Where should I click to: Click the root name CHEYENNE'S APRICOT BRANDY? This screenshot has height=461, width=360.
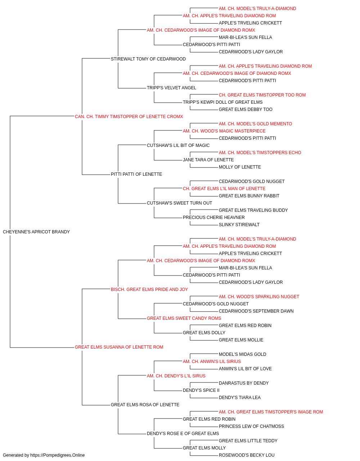(x=36, y=232)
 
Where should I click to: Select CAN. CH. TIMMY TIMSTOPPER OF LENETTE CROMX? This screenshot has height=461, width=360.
(x=129, y=117)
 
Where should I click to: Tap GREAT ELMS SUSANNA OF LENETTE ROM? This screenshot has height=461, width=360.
(x=119, y=347)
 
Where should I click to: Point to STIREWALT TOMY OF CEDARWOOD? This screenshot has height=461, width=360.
(x=148, y=59)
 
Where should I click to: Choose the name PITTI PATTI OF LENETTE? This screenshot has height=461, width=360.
(x=136, y=174)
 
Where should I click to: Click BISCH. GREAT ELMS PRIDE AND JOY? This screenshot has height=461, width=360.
(x=149, y=290)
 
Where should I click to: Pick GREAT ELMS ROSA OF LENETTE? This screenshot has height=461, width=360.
(x=145, y=405)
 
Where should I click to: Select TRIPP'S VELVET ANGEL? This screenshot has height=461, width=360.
(x=171, y=88)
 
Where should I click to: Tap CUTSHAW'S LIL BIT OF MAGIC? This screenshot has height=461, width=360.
(x=178, y=146)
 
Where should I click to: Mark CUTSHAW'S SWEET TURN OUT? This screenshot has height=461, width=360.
(x=179, y=203)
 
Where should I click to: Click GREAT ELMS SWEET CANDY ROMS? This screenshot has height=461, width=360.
(x=184, y=318)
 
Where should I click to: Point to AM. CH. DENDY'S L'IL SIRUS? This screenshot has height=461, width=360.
(x=176, y=376)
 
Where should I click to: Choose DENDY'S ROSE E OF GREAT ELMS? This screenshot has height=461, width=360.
(x=183, y=434)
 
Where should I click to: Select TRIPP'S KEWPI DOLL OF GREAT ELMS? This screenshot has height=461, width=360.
(x=222, y=102)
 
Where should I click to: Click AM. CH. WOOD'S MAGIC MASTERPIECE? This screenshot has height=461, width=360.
(x=224, y=131)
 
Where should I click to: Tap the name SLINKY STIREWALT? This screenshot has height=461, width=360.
(x=239, y=225)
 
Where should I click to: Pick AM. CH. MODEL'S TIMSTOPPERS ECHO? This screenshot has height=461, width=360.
(x=260, y=153)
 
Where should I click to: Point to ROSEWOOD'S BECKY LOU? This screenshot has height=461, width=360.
(x=247, y=455)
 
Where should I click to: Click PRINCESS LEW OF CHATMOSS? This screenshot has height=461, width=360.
(x=251, y=426)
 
